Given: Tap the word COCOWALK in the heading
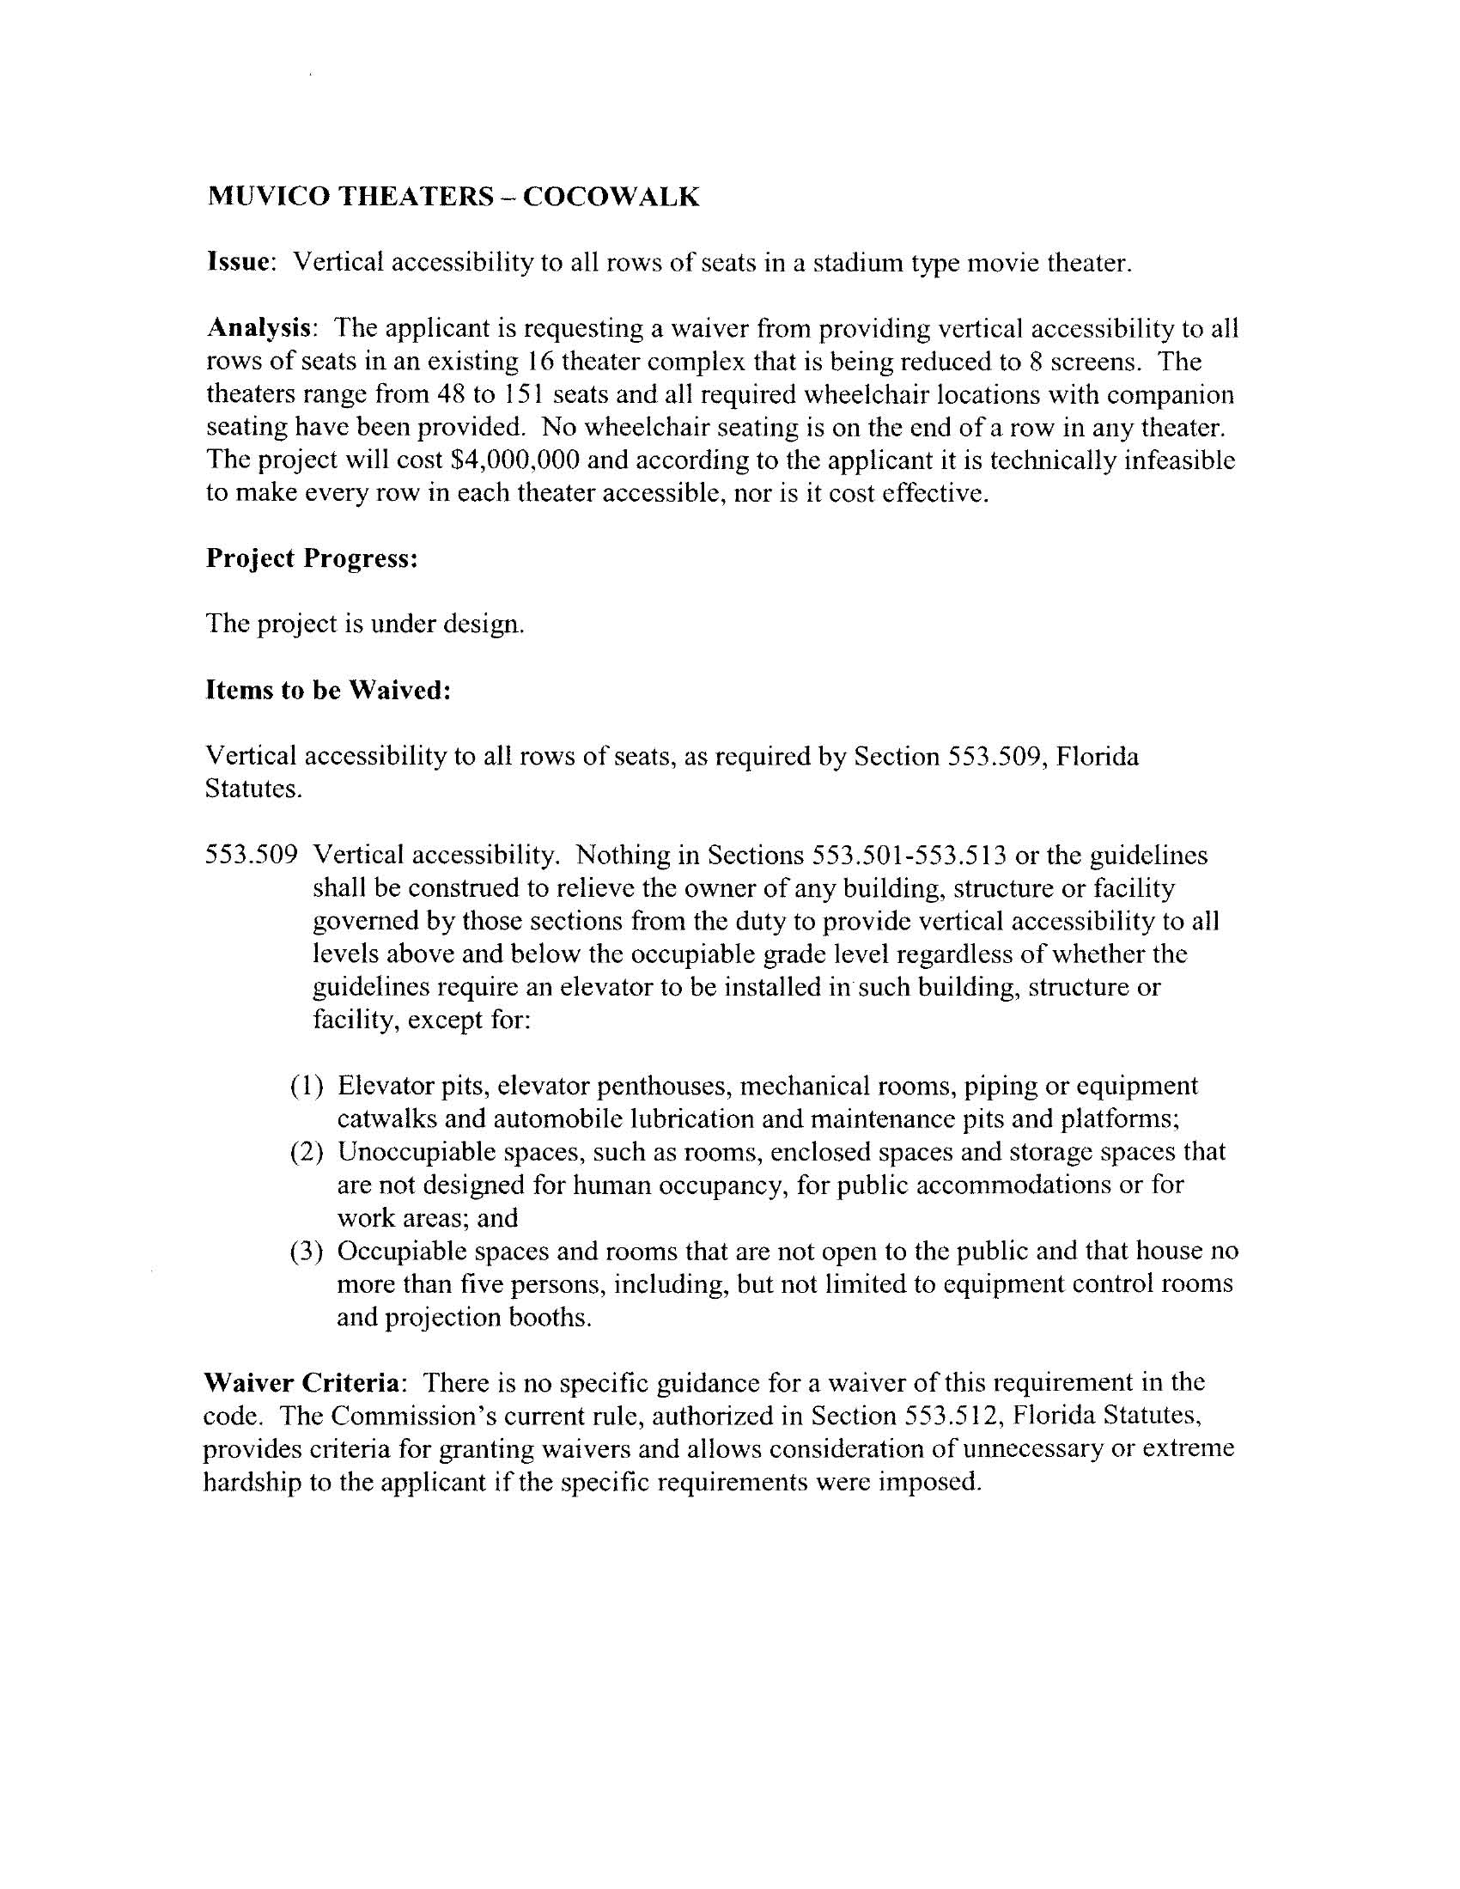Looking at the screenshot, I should [611, 198].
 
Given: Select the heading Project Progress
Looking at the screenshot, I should [312, 558].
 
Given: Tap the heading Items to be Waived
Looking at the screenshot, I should [328, 689].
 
